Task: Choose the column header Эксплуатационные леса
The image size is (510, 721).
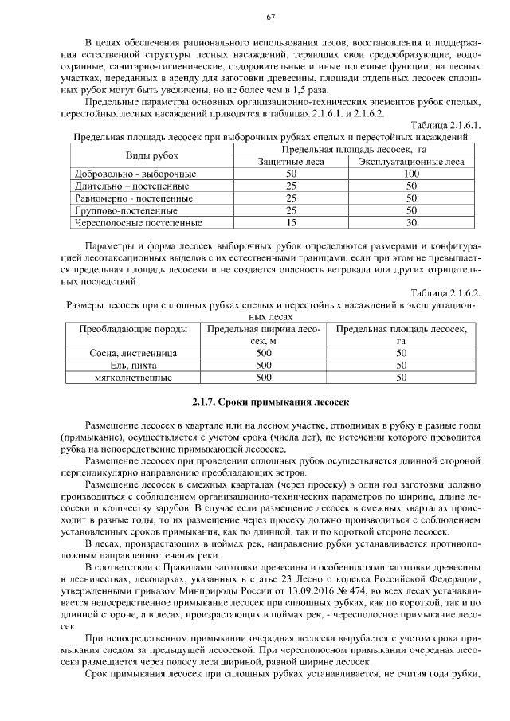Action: tap(411, 162)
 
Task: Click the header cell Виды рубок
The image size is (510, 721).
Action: tap(152, 155)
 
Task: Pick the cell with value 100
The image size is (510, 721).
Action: tap(411, 174)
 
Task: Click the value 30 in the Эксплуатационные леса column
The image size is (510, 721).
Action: tap(411, 223)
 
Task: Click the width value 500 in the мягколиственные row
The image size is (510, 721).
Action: tap(264, 377)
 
